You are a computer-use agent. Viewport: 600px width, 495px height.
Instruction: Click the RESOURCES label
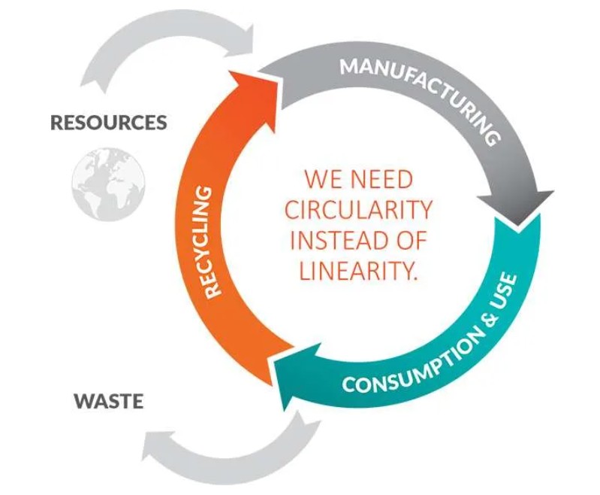(x=109, y=123)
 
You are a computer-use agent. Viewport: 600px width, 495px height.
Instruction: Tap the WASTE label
(x=108, y=400)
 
